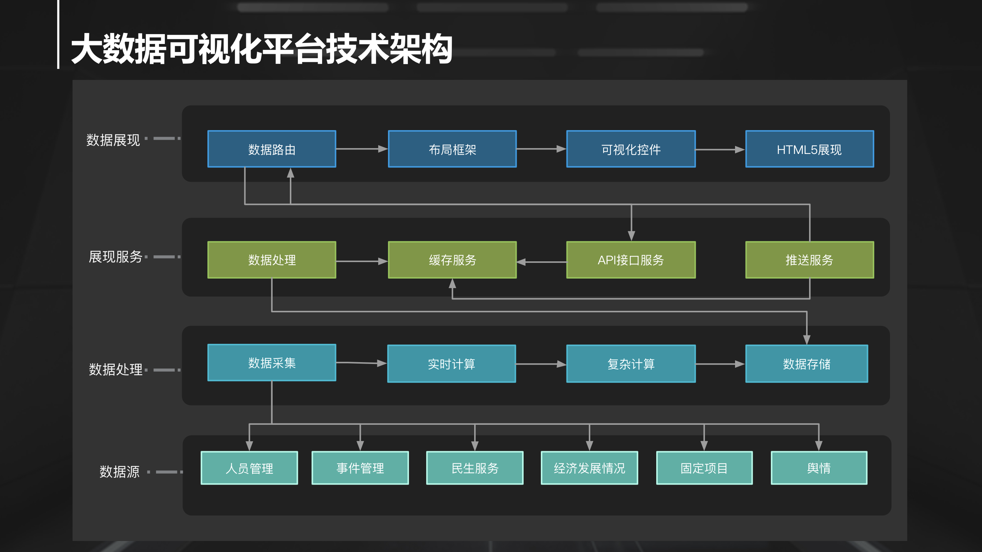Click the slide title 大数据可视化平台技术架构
pos(262,49)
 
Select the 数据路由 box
pos(272,149)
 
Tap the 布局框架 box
pos(452,149)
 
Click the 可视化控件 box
pos(631,149)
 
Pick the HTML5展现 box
pos(809,149)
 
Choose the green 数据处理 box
pos(272,260)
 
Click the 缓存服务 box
pos(452,260)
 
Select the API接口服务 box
pos(631,260)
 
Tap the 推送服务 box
pos(809,260)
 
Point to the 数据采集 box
pos(272,363)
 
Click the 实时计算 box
pos(451,364)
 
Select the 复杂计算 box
pos(631,364)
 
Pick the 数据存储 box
pos(806,364)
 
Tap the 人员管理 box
pos(249,468)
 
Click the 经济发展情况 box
pos(589,468)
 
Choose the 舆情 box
pos(819,468)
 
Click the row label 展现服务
pos(115,257)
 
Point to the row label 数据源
pos(119,472)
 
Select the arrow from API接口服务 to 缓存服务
pos(541,262)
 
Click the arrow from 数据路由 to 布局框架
pos(361,149)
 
